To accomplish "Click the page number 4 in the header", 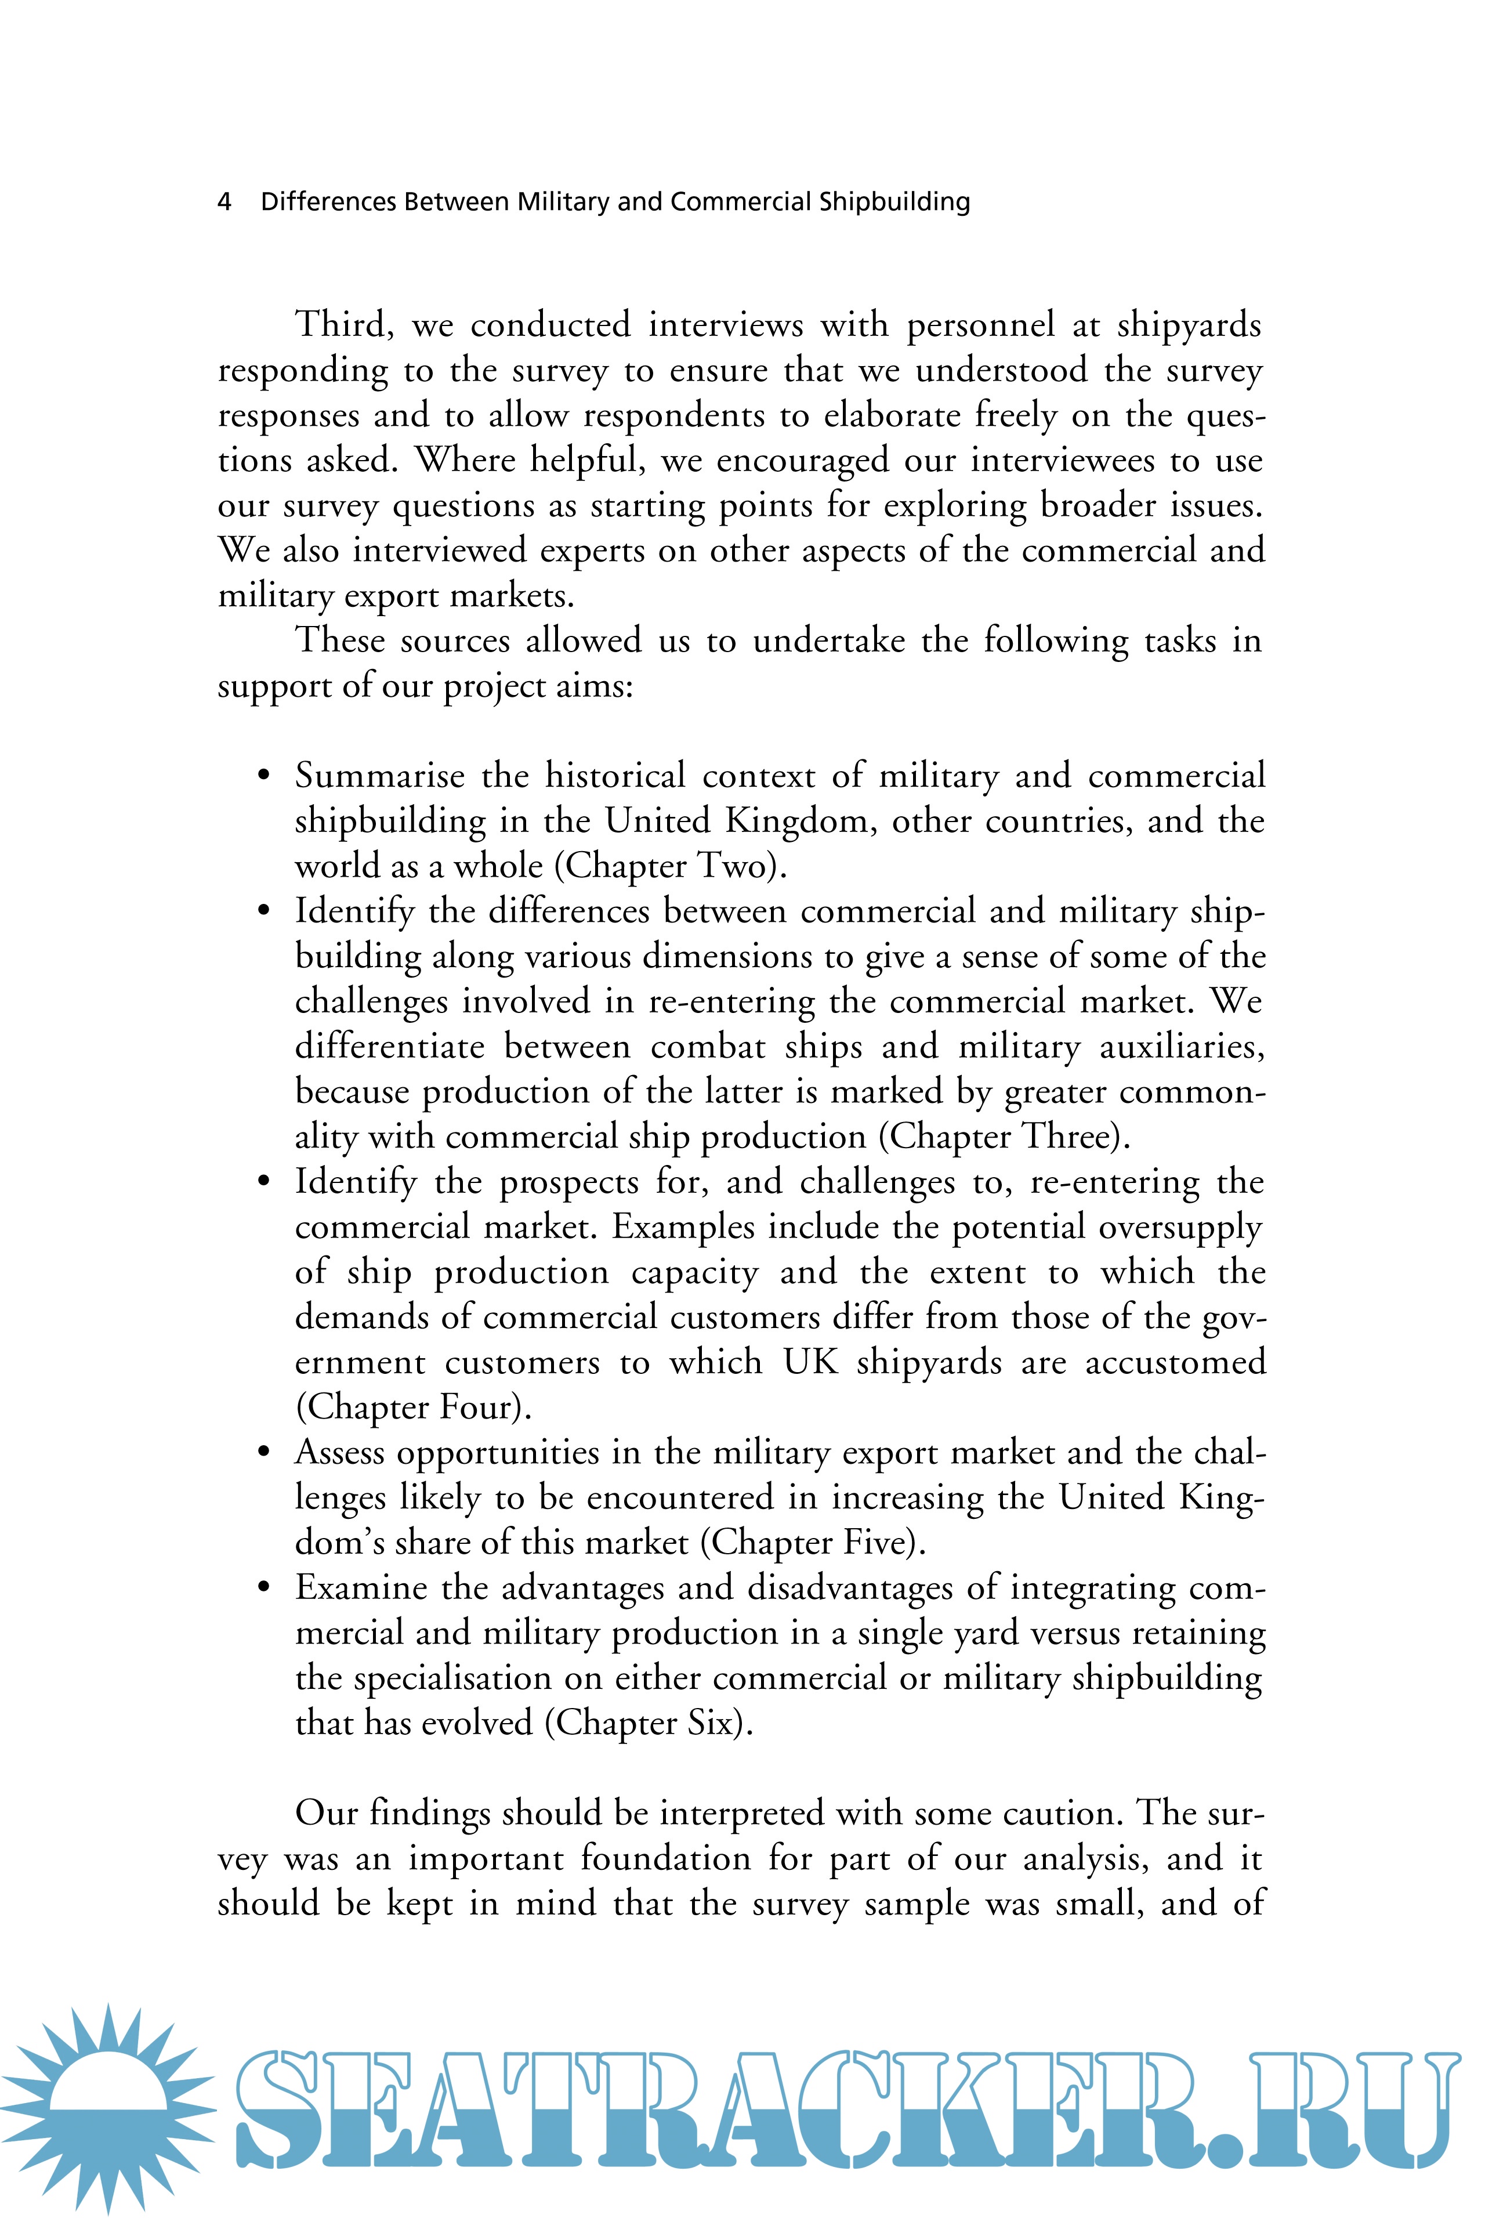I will tap(224, 202).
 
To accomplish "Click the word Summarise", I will tap(380, 776).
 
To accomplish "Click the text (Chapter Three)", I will tap(1004, 1137).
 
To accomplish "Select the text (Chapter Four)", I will tap(413, 1407).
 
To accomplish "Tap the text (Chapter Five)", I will tap(813, 1543).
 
